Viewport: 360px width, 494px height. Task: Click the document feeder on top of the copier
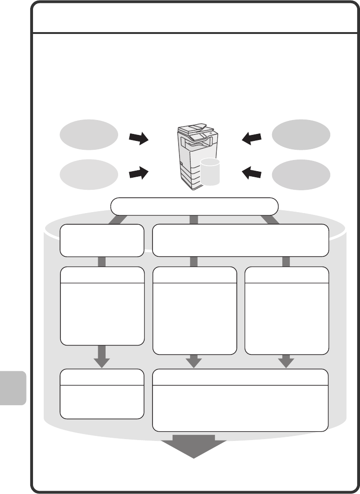click(x=193, y=127)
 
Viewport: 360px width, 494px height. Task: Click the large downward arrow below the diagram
click(x=194, y=446)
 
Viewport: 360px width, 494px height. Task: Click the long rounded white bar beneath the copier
click(x=194, y=206)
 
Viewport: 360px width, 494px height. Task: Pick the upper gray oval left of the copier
click(x=89, y=134)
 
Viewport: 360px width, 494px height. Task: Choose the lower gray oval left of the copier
click(x=89, y=174)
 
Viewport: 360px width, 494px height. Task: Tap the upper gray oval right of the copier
click(x=301, y=134)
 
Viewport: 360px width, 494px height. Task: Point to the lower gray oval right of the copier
click(x=301, y=174)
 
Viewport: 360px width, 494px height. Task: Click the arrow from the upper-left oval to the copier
click(x=138, y=138)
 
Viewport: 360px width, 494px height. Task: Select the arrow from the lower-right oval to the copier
click(x=252, y=174)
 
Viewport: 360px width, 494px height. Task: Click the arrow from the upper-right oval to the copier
click(x=252, y=138)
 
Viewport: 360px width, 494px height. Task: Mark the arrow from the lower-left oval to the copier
click(x=138, y=174)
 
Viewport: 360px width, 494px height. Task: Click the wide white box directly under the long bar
click(x=240, y=240)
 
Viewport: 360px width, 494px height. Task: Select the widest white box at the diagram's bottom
click(x=240, y=400)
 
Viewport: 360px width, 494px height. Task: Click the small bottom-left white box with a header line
click(x=102, y=394)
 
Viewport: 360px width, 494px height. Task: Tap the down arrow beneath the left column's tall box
click(x=102, y=356)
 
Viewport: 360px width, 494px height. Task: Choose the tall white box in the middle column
click(x=194, y=310)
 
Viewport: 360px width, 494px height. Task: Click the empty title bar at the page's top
click(x=194, y=18)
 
